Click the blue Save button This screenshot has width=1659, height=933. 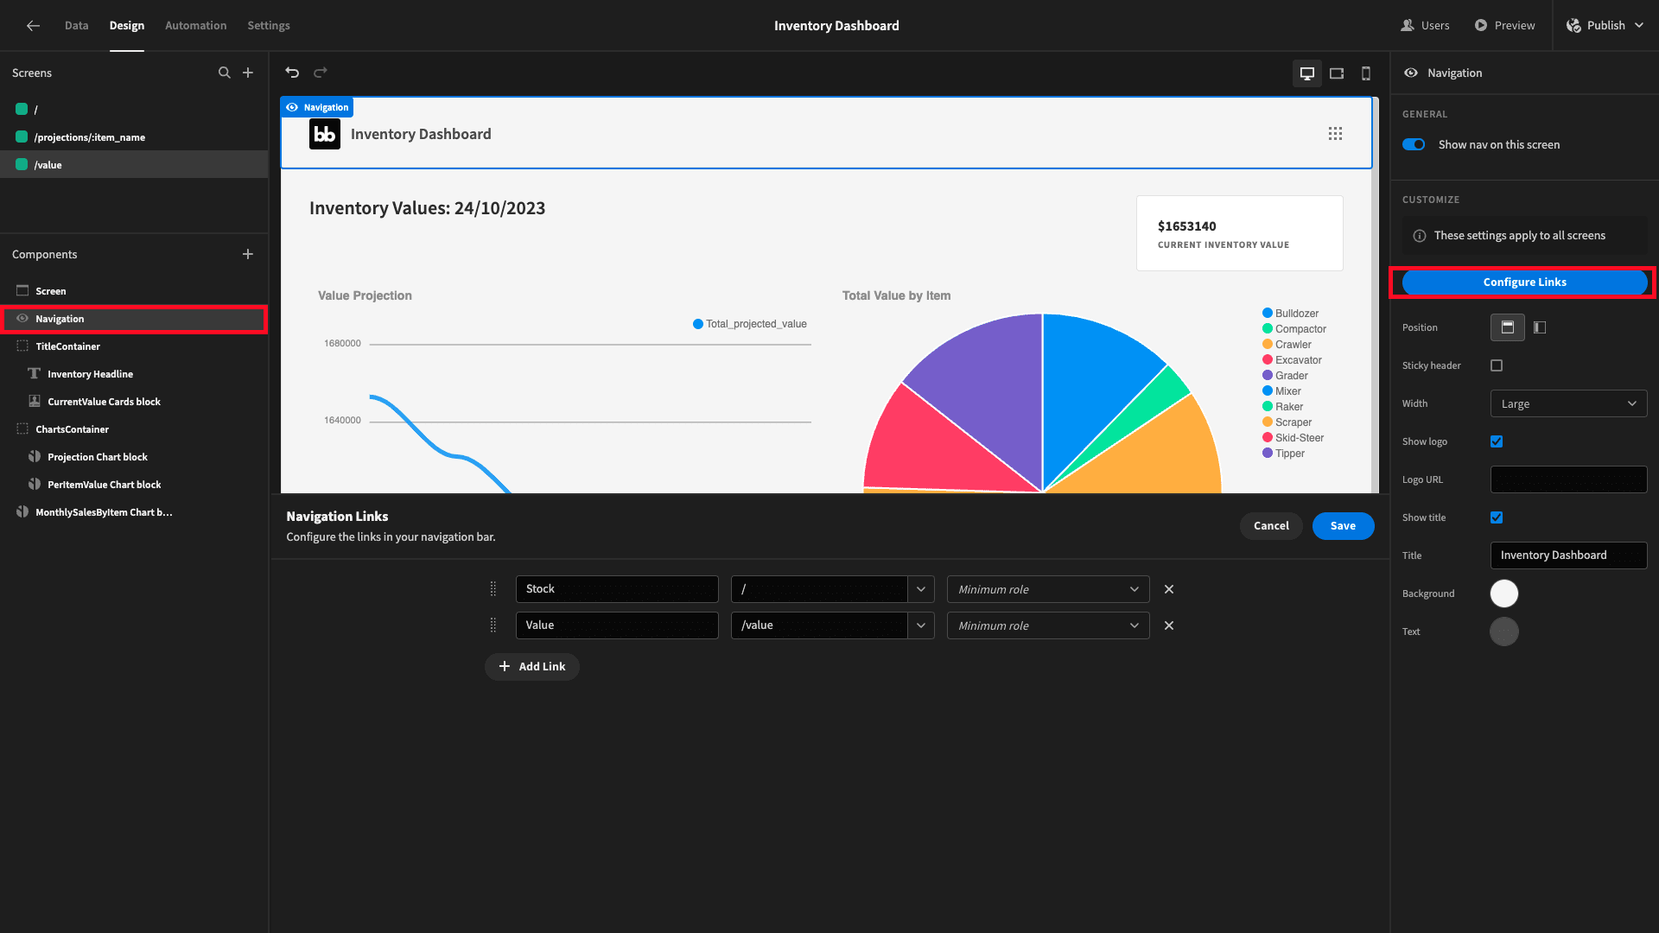[x=1343, y=526]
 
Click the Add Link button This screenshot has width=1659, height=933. [x=532, y=667]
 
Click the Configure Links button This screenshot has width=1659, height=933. [x=1524, y=282]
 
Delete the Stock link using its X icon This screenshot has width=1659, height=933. [x=1169, y=589]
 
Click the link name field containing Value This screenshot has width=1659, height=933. [x=617, y=625]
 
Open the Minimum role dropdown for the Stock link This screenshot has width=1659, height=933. [x=1048, y=589]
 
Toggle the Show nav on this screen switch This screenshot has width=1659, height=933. [x=1414, y=144]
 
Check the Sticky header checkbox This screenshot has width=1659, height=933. [x=1497, y=365]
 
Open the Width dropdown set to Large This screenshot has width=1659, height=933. [x=1568, y=403]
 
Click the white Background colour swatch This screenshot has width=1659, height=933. [x=1504, y=593]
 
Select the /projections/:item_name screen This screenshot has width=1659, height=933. [x=89, y=137]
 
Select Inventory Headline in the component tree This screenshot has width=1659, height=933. [x=90, y=374]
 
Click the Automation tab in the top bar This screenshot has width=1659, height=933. [x=196, y=26]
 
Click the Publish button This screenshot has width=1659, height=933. [x=1605, y=26]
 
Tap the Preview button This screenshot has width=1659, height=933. [x=1504, y=26]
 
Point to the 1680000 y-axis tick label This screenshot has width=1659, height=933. [x=342, y=344]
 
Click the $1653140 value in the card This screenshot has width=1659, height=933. [x=1186, y=226]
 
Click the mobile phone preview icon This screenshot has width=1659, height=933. [x=1366, y=73]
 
